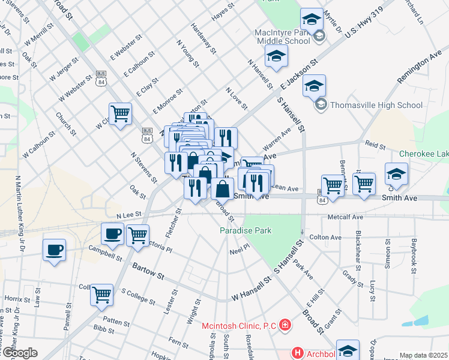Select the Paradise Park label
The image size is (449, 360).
pos(246,230)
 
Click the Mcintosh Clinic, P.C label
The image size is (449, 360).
pos(238,326)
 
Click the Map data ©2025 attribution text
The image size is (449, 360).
pos(424,355)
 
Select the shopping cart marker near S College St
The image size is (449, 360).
pos(102,295)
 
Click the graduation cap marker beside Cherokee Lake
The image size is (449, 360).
pos(396,174)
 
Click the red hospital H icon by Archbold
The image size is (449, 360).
pos(296,353)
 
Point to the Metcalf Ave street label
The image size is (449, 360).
pos(345,217)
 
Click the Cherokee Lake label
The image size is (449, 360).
pos(424,154)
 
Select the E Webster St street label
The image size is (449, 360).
pos(125,47)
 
